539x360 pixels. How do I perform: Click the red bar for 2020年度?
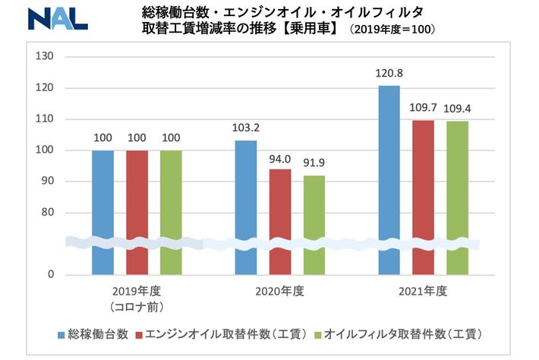point(280,221)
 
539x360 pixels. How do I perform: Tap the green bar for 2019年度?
point(171,212)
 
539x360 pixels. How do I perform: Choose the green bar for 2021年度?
point(457,197)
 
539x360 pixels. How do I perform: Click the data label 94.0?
point(280,159)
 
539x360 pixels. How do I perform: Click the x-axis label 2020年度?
point(281,292)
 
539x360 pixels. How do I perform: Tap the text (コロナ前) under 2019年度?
point(137,307)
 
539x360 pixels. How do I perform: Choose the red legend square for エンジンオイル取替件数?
point(138,333)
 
